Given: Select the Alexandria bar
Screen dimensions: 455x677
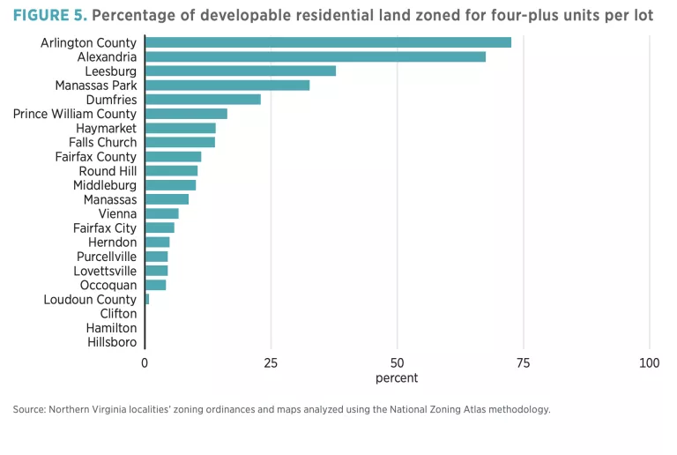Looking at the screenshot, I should (315, 56).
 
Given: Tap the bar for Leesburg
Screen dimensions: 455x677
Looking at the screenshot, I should (240, 71).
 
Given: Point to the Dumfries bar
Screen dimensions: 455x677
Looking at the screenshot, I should (203, 100).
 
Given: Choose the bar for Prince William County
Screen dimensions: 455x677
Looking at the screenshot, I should (186, 114).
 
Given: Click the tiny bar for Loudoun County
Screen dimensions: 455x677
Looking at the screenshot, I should (147, 300).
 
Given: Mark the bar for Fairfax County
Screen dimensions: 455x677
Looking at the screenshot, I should (173, 157).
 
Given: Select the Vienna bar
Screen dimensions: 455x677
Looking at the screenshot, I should (161, 213).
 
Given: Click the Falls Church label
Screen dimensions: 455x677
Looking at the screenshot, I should (102, 142).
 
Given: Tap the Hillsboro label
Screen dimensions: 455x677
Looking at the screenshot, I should (112, 342).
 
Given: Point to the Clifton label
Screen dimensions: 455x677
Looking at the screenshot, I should (118, 313).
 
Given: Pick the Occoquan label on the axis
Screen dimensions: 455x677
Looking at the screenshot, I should (108, 285).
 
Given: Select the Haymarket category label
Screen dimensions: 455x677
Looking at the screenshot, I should (106, 128).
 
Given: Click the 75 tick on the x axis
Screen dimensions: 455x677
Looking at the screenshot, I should (523, 363).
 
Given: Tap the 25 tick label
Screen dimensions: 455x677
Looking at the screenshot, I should (271, 363).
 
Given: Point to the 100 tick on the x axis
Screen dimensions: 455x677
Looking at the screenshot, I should (650, 363).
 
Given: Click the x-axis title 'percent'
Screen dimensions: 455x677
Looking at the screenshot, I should (397, 378).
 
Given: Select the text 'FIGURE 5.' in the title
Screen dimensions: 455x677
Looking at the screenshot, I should (49, 16).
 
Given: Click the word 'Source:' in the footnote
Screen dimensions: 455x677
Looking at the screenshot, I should (29, 409).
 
